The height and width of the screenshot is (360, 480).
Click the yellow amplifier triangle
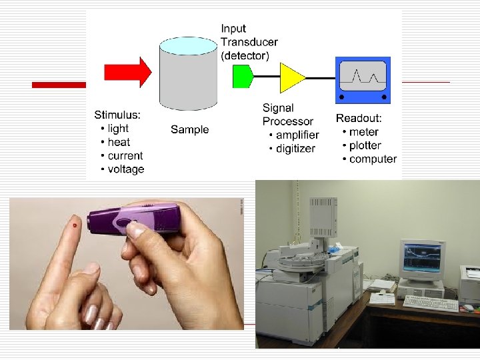pyautogui.click(x=291, y=78)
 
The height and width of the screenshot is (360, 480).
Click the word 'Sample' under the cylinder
pyautogui.click(x=189, y=130)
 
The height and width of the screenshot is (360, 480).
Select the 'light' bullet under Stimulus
pyautogui.click(x=117, y=129)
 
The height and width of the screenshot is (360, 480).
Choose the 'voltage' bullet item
pyautogui.click(x=125, y=169)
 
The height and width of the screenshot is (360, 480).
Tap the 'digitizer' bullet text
pyautogui.click(x=295, y=149)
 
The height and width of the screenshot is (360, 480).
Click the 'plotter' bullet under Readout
pyautogui.click(x=365, y=145)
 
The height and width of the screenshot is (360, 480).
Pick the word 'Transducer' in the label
pyautogui.click(x=249, y=42)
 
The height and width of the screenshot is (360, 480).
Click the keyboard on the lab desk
pyautogui.click(x=430, y=304)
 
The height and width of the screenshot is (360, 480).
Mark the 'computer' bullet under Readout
pyautogui.click(x=373, y=159)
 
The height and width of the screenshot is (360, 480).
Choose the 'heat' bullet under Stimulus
pyautogui.click(x=119, y=142)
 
